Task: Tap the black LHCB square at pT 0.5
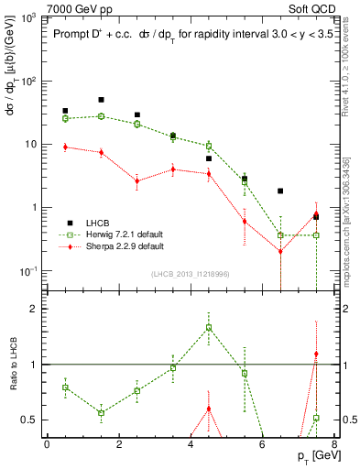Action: point(65,111)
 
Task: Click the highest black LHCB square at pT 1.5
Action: point(101,100)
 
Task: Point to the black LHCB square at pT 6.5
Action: point(280,191)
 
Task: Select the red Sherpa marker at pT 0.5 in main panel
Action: point(65,147)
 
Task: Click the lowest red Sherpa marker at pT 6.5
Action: point(280,251)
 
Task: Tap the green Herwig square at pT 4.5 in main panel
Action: point(209,146)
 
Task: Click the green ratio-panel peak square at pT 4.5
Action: point(209,327)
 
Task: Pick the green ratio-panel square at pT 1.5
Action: point(101,413)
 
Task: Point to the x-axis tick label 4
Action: point(191,444)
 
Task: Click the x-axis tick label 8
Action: point(334,444)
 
